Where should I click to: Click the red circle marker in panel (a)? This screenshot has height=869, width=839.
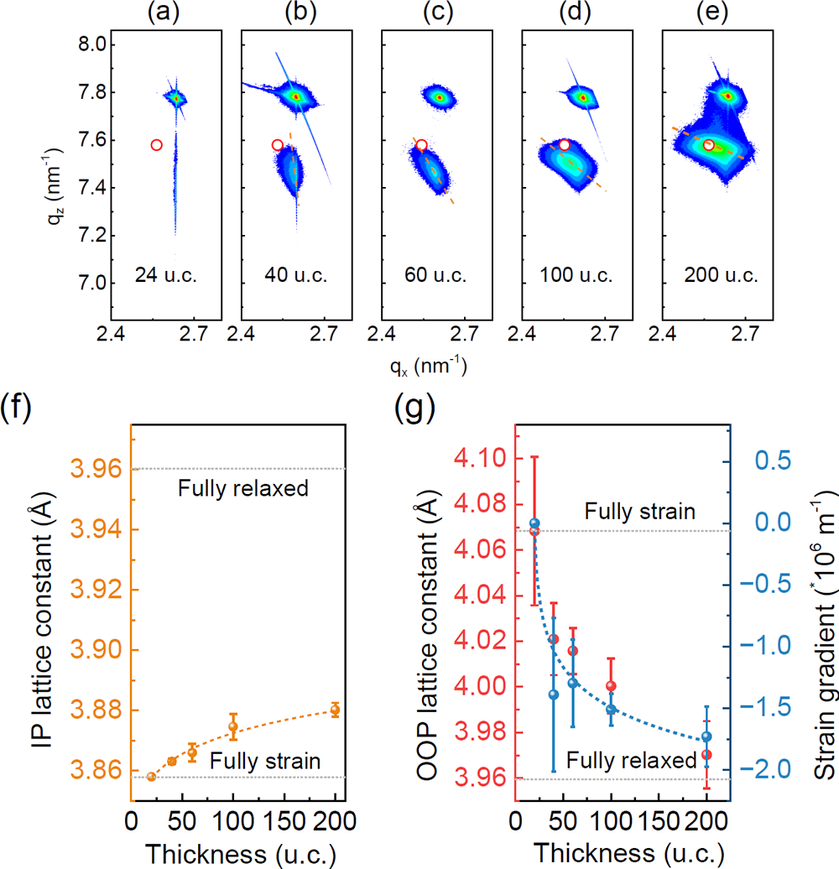(156, 145)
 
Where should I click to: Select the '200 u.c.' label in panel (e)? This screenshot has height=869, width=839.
(712, 274)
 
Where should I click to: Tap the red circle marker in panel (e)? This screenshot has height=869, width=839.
(709, 145)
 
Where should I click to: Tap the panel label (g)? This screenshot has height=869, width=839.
(415, 410)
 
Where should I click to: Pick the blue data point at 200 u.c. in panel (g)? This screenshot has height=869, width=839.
(706, 736)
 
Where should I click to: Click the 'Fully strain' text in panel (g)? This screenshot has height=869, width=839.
(639, 512)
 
